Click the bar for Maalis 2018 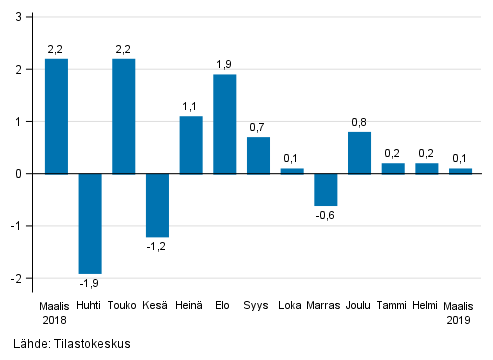tap(56, 116)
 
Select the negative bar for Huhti tap(90, 223)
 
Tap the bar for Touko tap(124, 116)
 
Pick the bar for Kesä tap(157, 205)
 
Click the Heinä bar tap(191, 145)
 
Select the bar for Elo tap(225, 124)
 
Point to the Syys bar tap(258, 155)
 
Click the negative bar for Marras tap(326, 189)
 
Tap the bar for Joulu tap(360, 153)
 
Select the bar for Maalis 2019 tap(460, 171)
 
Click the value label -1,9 tap(90, 283)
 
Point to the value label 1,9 tap(225, 64)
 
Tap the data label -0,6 tap(326, 215)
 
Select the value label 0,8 tap(360, 122)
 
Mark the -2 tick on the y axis tap(17, 278)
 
